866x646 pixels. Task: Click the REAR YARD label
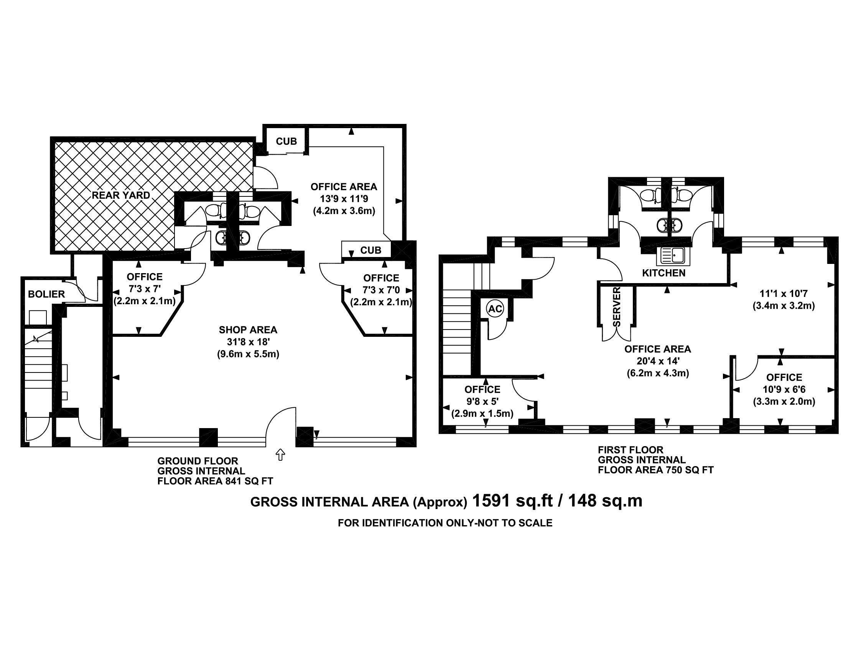(121, 195)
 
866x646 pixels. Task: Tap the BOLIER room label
(46, 294)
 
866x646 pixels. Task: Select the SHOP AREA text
(248, 330)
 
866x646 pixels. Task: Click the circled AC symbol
(495, 309)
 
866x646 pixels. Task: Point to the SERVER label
(617, 307)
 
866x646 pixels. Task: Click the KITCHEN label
(664, 273)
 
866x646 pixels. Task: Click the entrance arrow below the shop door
(280, 455)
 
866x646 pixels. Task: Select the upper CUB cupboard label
(286, 141)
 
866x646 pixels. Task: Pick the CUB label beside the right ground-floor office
(370, 250)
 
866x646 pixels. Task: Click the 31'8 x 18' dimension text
(248, 342)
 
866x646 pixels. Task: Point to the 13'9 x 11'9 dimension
(344, 199)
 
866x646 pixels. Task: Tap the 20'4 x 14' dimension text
(658, 361)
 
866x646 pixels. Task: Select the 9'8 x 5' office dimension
(482, 401)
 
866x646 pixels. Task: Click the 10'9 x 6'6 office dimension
(784, 389)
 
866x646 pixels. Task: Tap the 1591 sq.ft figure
(512, 501)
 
